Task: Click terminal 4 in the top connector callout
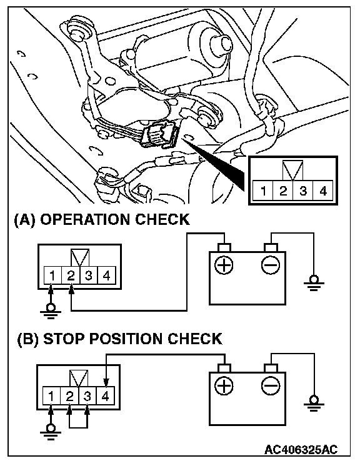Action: pos(322,191)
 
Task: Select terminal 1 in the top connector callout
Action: pos(263,191)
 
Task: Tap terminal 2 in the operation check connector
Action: pos(71,275)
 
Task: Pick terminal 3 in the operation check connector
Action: pos(89,275)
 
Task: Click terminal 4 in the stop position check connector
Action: pos(105,396)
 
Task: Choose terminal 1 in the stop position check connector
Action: pos(51,396)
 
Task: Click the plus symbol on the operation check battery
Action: pos(224,265)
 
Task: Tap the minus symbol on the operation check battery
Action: pos(271,265)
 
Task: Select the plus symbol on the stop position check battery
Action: pos(224,385)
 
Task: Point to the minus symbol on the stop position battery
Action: pos(271,385)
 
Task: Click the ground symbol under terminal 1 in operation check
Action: pos(51,311)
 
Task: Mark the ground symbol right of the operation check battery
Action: pos(314,282)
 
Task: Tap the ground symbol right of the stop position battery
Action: pos(314,403)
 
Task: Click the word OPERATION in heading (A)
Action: pos(85,220)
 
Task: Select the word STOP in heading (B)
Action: pos(64,339)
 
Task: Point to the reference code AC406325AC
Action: pos(301,449)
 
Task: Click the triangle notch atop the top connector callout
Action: pos(293,170)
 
